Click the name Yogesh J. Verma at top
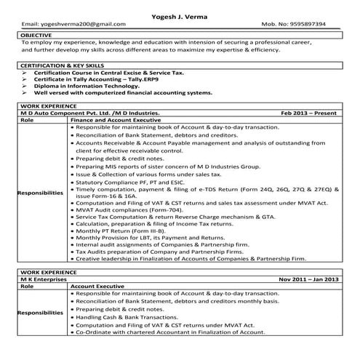180,12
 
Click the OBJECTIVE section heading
38,34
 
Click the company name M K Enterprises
44,279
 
